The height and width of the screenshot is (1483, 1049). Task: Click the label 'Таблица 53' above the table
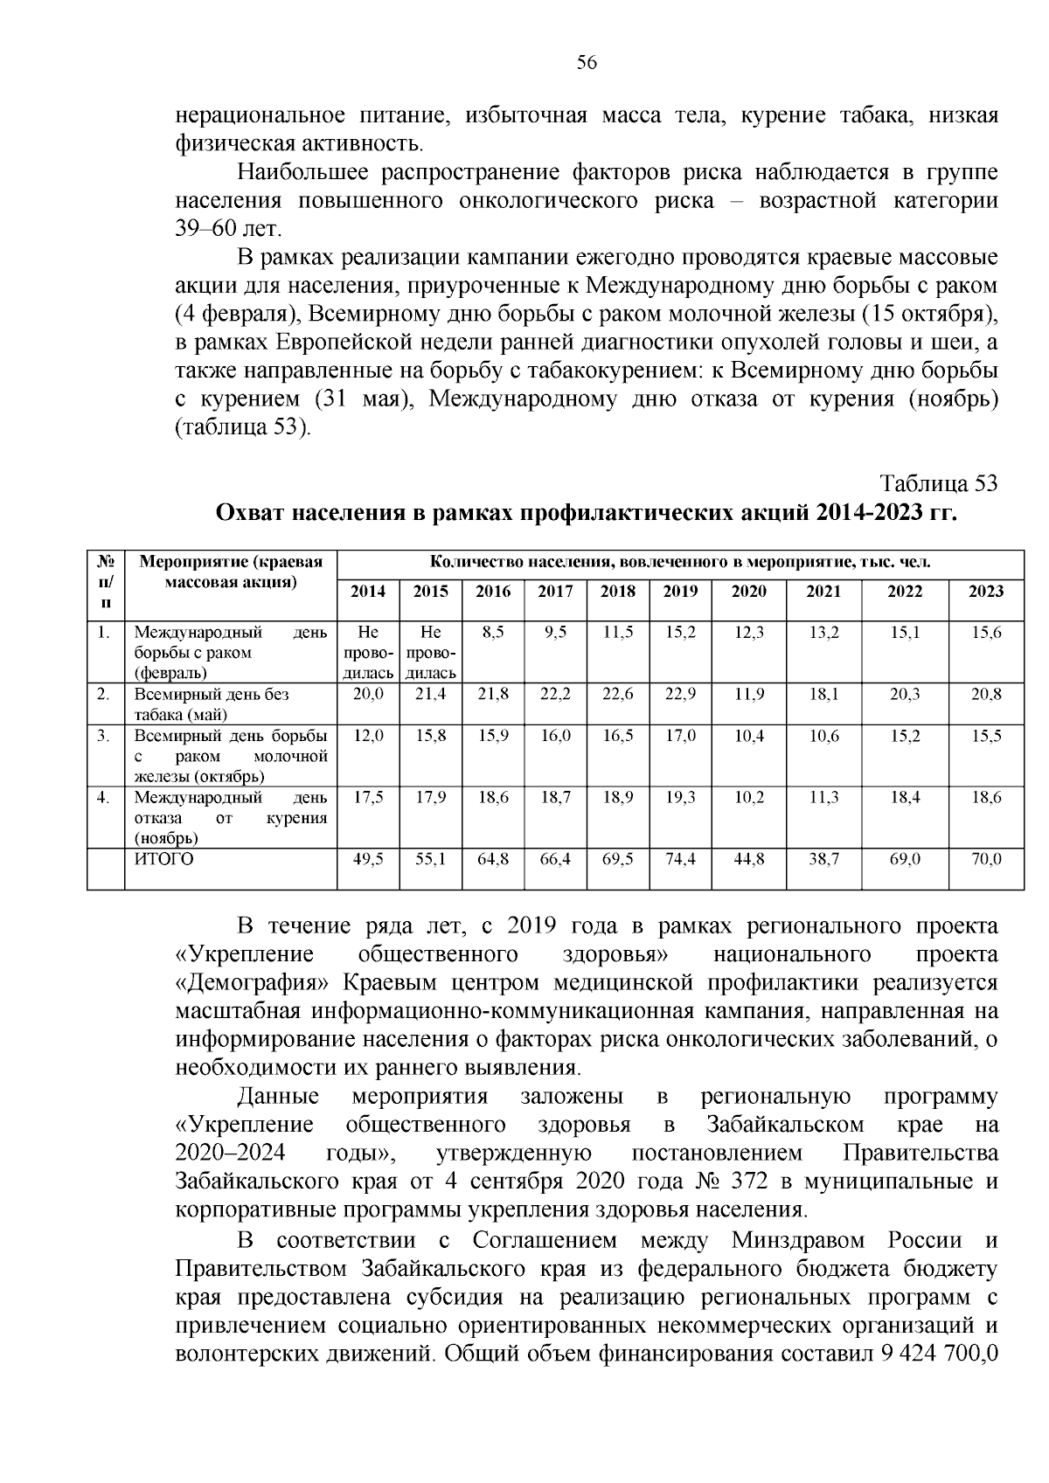(938, 483)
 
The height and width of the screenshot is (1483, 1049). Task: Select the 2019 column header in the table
(680, 592)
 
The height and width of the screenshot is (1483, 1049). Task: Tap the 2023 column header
(985, 592)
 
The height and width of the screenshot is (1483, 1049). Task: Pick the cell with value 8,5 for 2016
(493, 633)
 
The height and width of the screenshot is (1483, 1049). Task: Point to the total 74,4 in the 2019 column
(680, 860)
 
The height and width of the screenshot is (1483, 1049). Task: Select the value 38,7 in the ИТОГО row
(823, 860)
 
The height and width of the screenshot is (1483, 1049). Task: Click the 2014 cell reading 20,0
(367, 695)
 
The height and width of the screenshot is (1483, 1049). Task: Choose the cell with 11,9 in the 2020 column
(749, 695)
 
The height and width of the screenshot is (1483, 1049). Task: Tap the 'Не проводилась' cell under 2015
(430, 652)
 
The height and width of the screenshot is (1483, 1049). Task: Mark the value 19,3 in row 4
(680, 798)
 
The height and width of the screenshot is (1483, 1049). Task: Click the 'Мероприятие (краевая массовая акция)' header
(231, 572)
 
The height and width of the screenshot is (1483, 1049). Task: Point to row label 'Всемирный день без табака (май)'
(212, 704)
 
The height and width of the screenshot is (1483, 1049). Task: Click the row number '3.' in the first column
(103, 736)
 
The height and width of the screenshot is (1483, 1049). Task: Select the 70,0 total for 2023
(985, 860)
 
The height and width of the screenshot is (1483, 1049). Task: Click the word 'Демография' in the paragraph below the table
(254, 983)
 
